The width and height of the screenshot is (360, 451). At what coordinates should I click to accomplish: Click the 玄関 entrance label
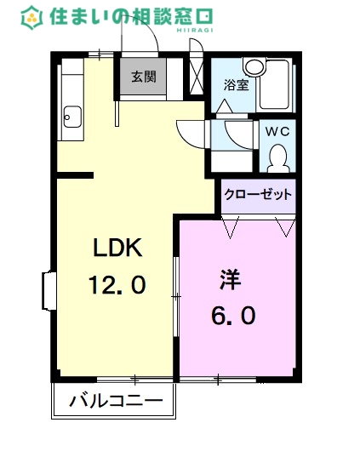click(x=143, y=77)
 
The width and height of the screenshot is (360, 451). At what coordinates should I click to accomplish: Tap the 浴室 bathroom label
click(x=236, y=85)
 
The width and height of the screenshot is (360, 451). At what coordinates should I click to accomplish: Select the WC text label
click(x=277, y=132)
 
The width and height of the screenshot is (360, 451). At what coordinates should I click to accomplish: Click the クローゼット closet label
click(x=258, y=194)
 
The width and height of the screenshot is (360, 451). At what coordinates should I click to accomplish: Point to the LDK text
click(x=122, y=248)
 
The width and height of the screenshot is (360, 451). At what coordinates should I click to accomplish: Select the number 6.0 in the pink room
click(x=232, y=316)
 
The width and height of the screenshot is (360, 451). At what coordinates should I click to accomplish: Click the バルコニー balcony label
click(x=116, y=400)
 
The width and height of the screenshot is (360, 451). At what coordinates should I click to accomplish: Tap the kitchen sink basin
click(x=71, y=115)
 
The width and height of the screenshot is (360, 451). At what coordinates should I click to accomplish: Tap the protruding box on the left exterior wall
click(x=48, y=292)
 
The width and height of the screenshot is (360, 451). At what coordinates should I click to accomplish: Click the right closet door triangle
click(x=285, y=225)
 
